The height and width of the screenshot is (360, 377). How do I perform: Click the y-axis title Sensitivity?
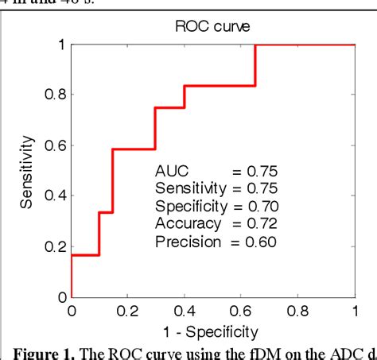[28, 171]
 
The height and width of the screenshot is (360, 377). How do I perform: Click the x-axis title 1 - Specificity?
[213, 329]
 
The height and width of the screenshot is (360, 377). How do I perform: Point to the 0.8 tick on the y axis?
[53, 95]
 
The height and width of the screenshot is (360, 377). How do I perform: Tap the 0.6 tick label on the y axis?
[53, 145]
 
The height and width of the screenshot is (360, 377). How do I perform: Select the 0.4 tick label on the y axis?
[53, 196]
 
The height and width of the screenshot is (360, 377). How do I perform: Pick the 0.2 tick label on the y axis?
[53, 247]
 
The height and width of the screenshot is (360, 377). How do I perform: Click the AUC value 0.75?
[259, 170]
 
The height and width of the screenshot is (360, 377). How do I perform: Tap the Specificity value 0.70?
[259, 206]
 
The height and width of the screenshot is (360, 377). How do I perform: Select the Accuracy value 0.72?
[259, 223]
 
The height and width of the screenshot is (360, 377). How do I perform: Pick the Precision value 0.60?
[259, 242]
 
